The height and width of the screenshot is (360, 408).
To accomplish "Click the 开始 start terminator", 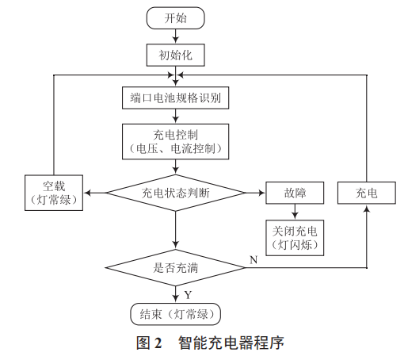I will [x=176, y=17].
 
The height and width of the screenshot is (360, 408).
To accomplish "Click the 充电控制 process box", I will [x=176, y=139].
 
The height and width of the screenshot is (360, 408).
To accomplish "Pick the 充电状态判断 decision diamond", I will [x=176, y=192].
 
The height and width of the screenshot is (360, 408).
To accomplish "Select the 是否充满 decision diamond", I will [x=176, y=267].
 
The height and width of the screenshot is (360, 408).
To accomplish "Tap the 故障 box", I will [x=294, y=192].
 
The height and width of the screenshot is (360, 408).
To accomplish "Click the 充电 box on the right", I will [x=367, y=192].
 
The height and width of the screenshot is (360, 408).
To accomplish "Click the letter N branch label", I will [x=253, y=259].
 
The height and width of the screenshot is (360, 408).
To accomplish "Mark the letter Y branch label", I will [x=186, y=293].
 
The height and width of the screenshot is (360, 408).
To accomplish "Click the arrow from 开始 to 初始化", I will [x=176, y=36].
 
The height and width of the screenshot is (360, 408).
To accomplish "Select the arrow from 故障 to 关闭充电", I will [x=294, y=211].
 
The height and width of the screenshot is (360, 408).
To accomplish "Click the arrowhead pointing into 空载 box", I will [x=89, y=192].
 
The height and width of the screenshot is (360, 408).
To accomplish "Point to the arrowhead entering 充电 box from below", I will [x=367, y=209].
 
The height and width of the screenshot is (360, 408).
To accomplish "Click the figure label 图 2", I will [x=148, y=343].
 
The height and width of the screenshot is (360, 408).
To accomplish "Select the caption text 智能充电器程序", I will [x=231, y=343].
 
